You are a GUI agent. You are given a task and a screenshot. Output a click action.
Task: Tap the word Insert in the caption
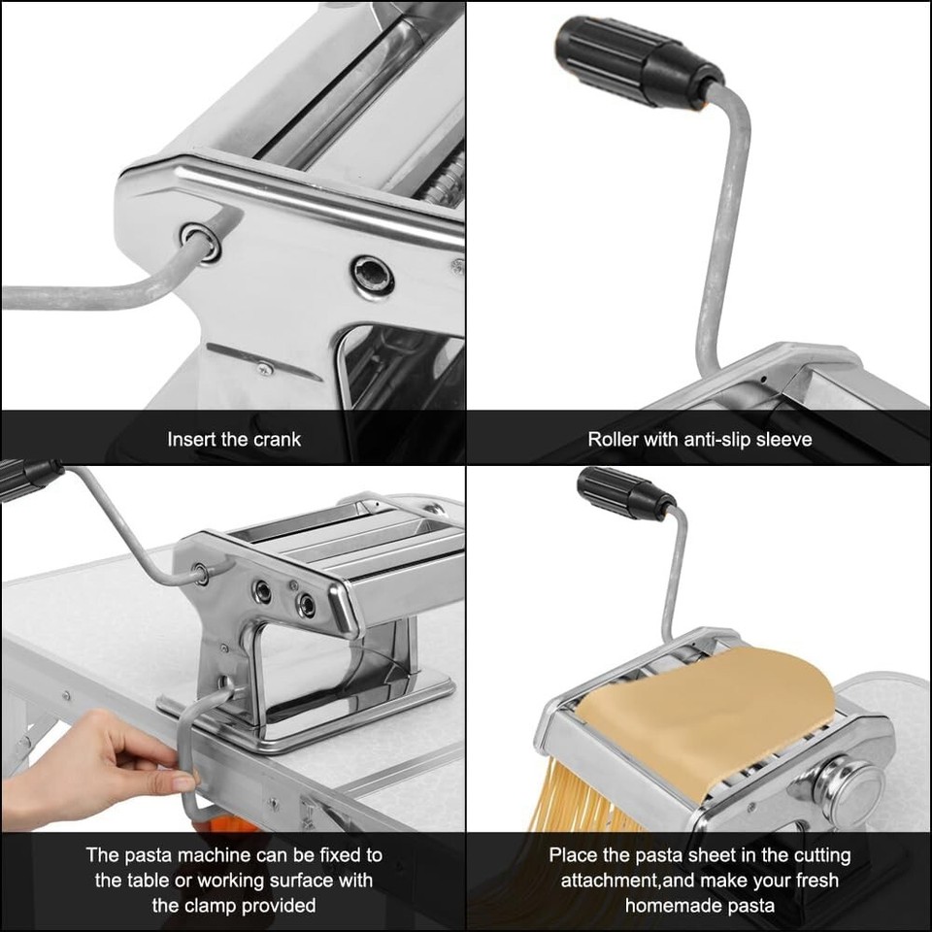tap(192, 439)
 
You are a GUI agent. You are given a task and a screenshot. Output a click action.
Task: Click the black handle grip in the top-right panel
tap(631, 63)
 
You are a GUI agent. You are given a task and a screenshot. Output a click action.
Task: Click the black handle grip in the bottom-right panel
tap(621, 493)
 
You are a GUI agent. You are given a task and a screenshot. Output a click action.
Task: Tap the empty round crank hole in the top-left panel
tap(373, 275)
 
